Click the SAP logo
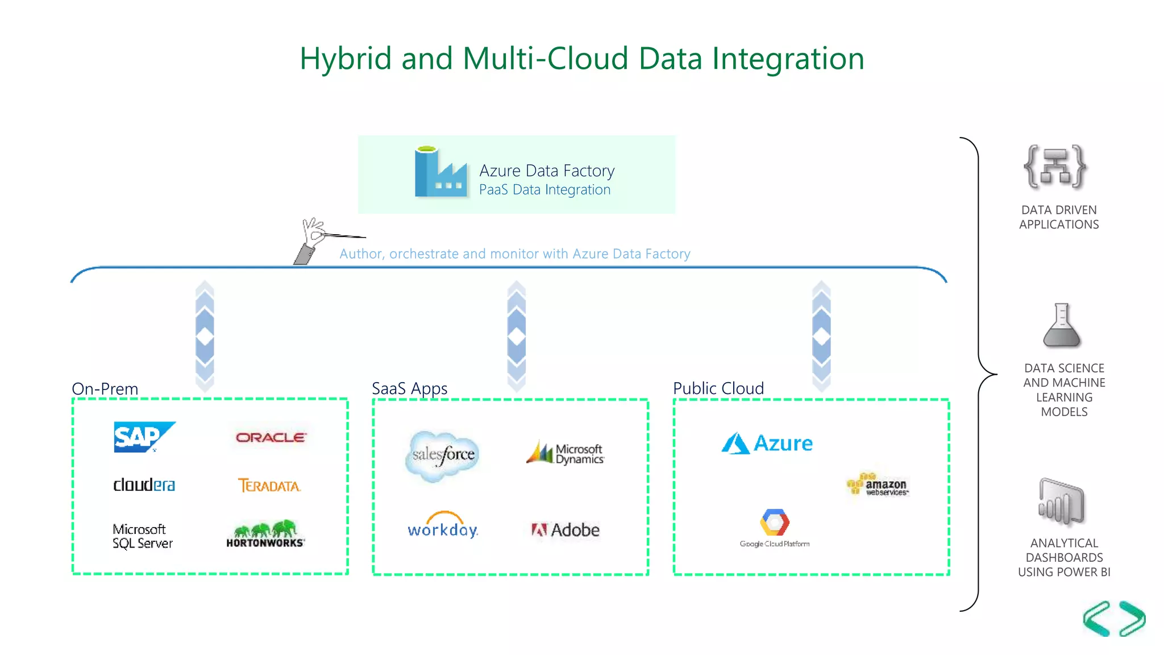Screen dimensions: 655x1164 coord(143,437)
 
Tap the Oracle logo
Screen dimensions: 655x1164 coord(271,437)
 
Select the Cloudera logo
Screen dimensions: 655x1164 coord(144,484)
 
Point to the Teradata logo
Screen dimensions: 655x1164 coord(269,486)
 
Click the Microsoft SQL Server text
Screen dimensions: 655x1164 coord(142,536)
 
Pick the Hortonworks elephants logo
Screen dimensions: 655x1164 coord(265,533)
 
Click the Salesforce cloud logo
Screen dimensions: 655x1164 coord(443,455)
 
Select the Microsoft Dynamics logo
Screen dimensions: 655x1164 coord(565,453)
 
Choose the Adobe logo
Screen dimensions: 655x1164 coord(565,530)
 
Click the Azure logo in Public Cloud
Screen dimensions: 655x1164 coord(767,443)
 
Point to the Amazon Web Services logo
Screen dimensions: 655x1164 coord(878,484)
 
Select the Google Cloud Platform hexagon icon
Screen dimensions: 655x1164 coord(774,523)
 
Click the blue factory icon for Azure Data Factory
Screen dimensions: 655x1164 coord(440,173)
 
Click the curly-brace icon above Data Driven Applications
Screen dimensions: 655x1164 coord(1055,167)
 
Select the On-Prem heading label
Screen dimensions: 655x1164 coord(105,389)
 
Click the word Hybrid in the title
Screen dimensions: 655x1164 coord(345,59)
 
